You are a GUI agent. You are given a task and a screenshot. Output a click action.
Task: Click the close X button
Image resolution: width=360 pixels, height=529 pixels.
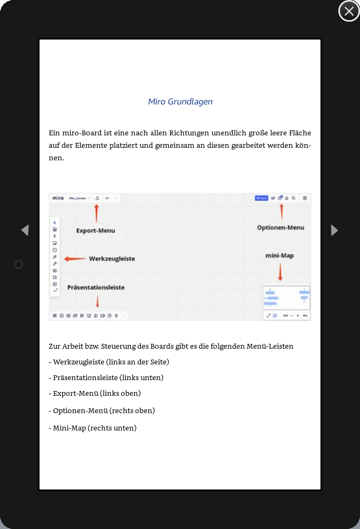pyautogui.click(x=349, y=11)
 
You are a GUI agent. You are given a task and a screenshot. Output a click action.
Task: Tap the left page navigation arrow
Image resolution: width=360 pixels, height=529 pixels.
pyautogui.click(x=25, y=230)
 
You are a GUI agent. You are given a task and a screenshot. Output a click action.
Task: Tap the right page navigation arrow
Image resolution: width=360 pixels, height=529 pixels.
pyautogui.click(x=334, y=230)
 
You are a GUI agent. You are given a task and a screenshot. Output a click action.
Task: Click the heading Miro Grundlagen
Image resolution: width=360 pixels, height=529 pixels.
pyautogui.click(x=180, y=101)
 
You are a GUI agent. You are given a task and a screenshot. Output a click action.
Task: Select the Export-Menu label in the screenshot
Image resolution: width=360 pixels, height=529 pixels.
pyautogui.click(x=95, y=231)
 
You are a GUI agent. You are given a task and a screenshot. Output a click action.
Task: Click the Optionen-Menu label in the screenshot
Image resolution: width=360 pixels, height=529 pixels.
pyautogui.click(x=280, y=228)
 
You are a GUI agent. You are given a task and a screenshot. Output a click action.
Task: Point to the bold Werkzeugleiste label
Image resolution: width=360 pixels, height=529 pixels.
pyautogui.click(x=112, y=259)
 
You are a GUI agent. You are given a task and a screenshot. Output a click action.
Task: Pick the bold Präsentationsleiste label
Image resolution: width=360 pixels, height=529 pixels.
pyautogui.click(x=96, y=288)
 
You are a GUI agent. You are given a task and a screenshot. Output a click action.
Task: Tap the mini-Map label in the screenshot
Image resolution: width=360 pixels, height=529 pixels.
pyautogui.click(x=279, y=256)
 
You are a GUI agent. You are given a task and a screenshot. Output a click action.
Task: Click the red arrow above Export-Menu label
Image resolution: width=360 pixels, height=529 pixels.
pyautogui.click(x=96, y=213)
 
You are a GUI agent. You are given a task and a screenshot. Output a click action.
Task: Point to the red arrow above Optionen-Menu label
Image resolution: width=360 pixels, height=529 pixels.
pyautogui.click(x=281, y=211)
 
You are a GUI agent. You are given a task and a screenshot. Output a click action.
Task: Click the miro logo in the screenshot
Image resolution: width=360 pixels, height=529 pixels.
pyautogui.click(x=58, y=198)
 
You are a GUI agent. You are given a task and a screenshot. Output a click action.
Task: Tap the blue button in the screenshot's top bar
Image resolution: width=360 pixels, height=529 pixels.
pyautogui.click(x=261, y=198)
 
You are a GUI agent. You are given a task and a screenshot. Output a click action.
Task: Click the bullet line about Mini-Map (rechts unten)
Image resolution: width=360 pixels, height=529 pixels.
pyautogui.click(x=93, y=428)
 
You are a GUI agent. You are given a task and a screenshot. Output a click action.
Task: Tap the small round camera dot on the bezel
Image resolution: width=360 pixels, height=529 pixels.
pyautogui.click(x=18, y=264)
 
